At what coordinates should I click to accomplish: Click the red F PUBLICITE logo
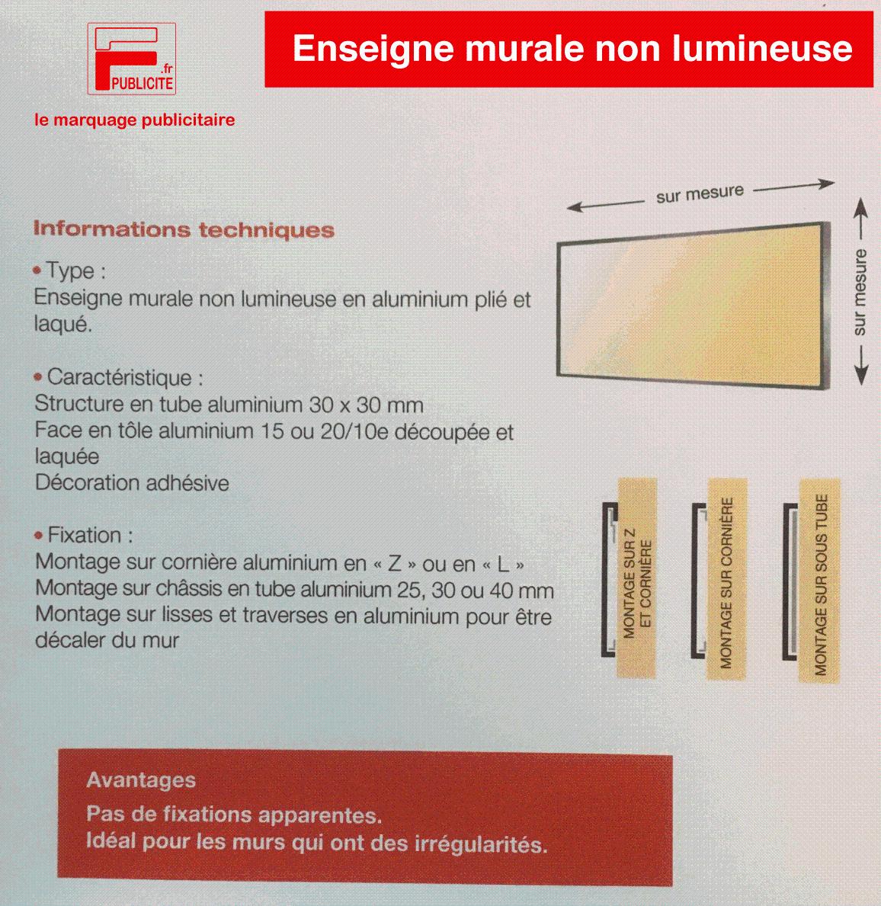click(x=132, y=59)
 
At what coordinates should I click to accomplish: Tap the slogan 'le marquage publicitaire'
click(x=133, y=120)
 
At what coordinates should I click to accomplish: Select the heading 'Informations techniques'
click(x=184, y=229)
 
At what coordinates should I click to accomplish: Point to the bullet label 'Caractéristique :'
click(x=125, y=377)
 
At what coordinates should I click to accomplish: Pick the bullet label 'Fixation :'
click(x=90, y=535)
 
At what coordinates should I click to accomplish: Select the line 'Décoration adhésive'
click(x=132, y=483)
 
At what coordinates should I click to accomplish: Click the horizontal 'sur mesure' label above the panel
click(x=699, y=194)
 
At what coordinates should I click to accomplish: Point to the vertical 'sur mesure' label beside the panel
click(x=860, y=292)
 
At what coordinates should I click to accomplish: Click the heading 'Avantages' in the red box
click(x=141, y=780)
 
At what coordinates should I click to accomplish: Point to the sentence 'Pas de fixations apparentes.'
click(x=234, y=815)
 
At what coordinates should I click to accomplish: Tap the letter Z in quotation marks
click(x=394, y=565)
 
